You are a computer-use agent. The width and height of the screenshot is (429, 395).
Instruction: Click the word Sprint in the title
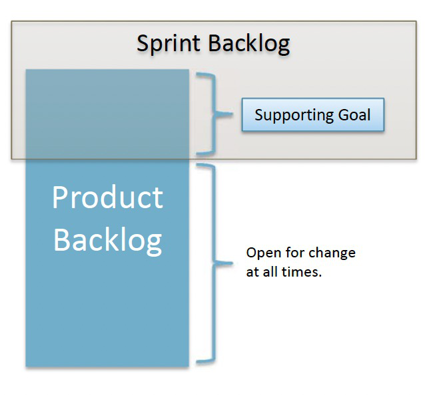point(169,44)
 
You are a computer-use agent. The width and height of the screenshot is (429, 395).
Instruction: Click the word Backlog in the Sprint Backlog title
point(249,44)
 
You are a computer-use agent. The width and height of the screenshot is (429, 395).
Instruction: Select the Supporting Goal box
point(313,115)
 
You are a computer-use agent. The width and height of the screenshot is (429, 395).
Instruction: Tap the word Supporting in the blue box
point(294,115)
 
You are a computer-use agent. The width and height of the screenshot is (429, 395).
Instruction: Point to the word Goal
point(354,115)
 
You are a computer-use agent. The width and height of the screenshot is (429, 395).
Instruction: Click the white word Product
point(107,197)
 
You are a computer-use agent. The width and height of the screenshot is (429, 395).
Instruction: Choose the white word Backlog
point(107,240)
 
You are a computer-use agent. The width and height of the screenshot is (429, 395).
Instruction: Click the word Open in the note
point(264,253)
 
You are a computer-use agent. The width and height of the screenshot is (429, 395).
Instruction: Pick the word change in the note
point(332,253)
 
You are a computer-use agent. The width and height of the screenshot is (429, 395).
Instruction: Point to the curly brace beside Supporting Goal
point(214,114)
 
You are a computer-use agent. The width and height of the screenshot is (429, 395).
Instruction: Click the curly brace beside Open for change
point(214,263)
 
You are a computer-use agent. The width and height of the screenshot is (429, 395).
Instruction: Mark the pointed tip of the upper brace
point(233,114)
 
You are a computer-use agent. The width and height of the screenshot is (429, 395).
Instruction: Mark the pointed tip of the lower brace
point(233,263)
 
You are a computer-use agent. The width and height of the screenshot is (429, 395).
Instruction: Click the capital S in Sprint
point(143,43)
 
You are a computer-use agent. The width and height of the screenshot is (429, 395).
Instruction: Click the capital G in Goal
point(344,115)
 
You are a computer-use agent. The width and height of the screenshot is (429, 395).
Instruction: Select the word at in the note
point(252,272)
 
